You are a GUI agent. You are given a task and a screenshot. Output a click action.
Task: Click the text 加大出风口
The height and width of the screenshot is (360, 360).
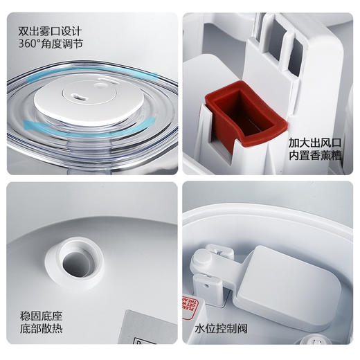315,143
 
